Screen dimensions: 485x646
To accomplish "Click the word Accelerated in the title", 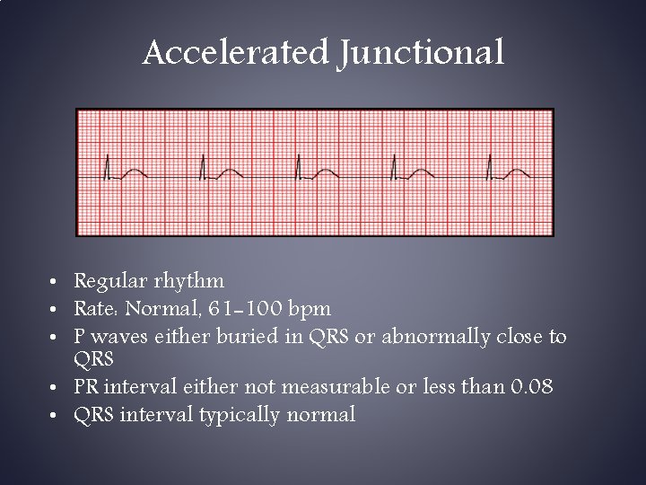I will [x=235, y=53].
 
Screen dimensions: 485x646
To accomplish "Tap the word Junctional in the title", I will [x=422, y=53].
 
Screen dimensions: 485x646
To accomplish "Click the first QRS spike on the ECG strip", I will [x=107, y=167].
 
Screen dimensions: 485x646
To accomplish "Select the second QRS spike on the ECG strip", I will [x=202, y=167].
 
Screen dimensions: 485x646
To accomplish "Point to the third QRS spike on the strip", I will [x=298, y=167].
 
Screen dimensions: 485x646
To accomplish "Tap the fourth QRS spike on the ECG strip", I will [x=394, y=167].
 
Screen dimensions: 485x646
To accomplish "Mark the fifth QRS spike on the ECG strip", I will [x=489, y=167].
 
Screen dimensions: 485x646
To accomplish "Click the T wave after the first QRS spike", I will [x=133, y=172].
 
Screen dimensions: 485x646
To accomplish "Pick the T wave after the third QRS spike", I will [x=324, y=172].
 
